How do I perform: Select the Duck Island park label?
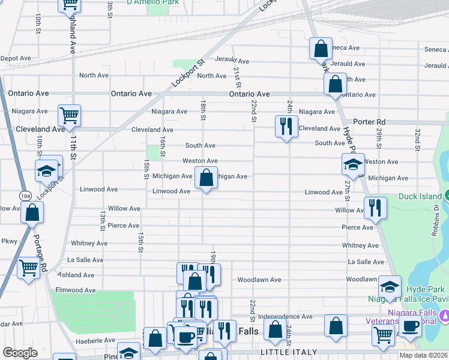pyautogui.click(x=420, y=196)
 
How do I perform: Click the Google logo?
pyautogui.click(x=20, y=353)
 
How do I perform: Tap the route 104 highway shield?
pyautogui.click(x=25, y=196)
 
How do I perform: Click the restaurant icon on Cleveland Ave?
pyautogui.click(x=286, y=126)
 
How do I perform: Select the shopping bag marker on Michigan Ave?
pyautogui.click(x=206, y=178)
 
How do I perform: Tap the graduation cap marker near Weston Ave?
pyautogui.click(x=353, y=164)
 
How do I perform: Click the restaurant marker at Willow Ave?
pyautogui.click(x=375, y=208)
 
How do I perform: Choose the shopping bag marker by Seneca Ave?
pyautogui.click(x=321, y=48)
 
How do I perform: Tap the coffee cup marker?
pyautogui.click(x=411, y=326)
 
